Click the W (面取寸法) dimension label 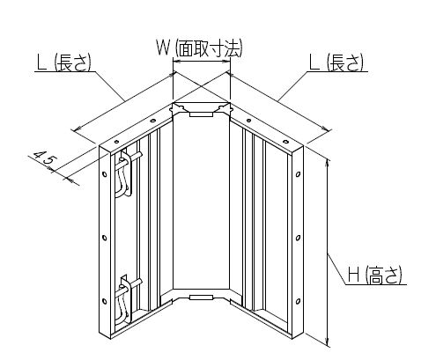(199, 48)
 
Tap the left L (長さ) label (63, 62)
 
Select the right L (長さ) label (336, 62)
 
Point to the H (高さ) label (374, 276)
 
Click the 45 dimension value (44, 159)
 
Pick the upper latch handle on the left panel (125, 173)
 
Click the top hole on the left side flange (105, 174)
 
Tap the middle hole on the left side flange (105, 238)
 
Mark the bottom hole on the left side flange (105, 301)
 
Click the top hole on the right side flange (298, 174)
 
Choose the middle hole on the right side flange (298, 238)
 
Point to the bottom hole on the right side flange (298, 301)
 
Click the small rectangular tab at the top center (201, 114)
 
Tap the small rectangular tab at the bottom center (201, 298)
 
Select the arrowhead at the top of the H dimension (328, 164)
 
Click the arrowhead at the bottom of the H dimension (328, 343)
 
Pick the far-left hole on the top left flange (117, 142)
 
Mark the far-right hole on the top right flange (285, 142)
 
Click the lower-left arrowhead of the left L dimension (77, 129)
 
